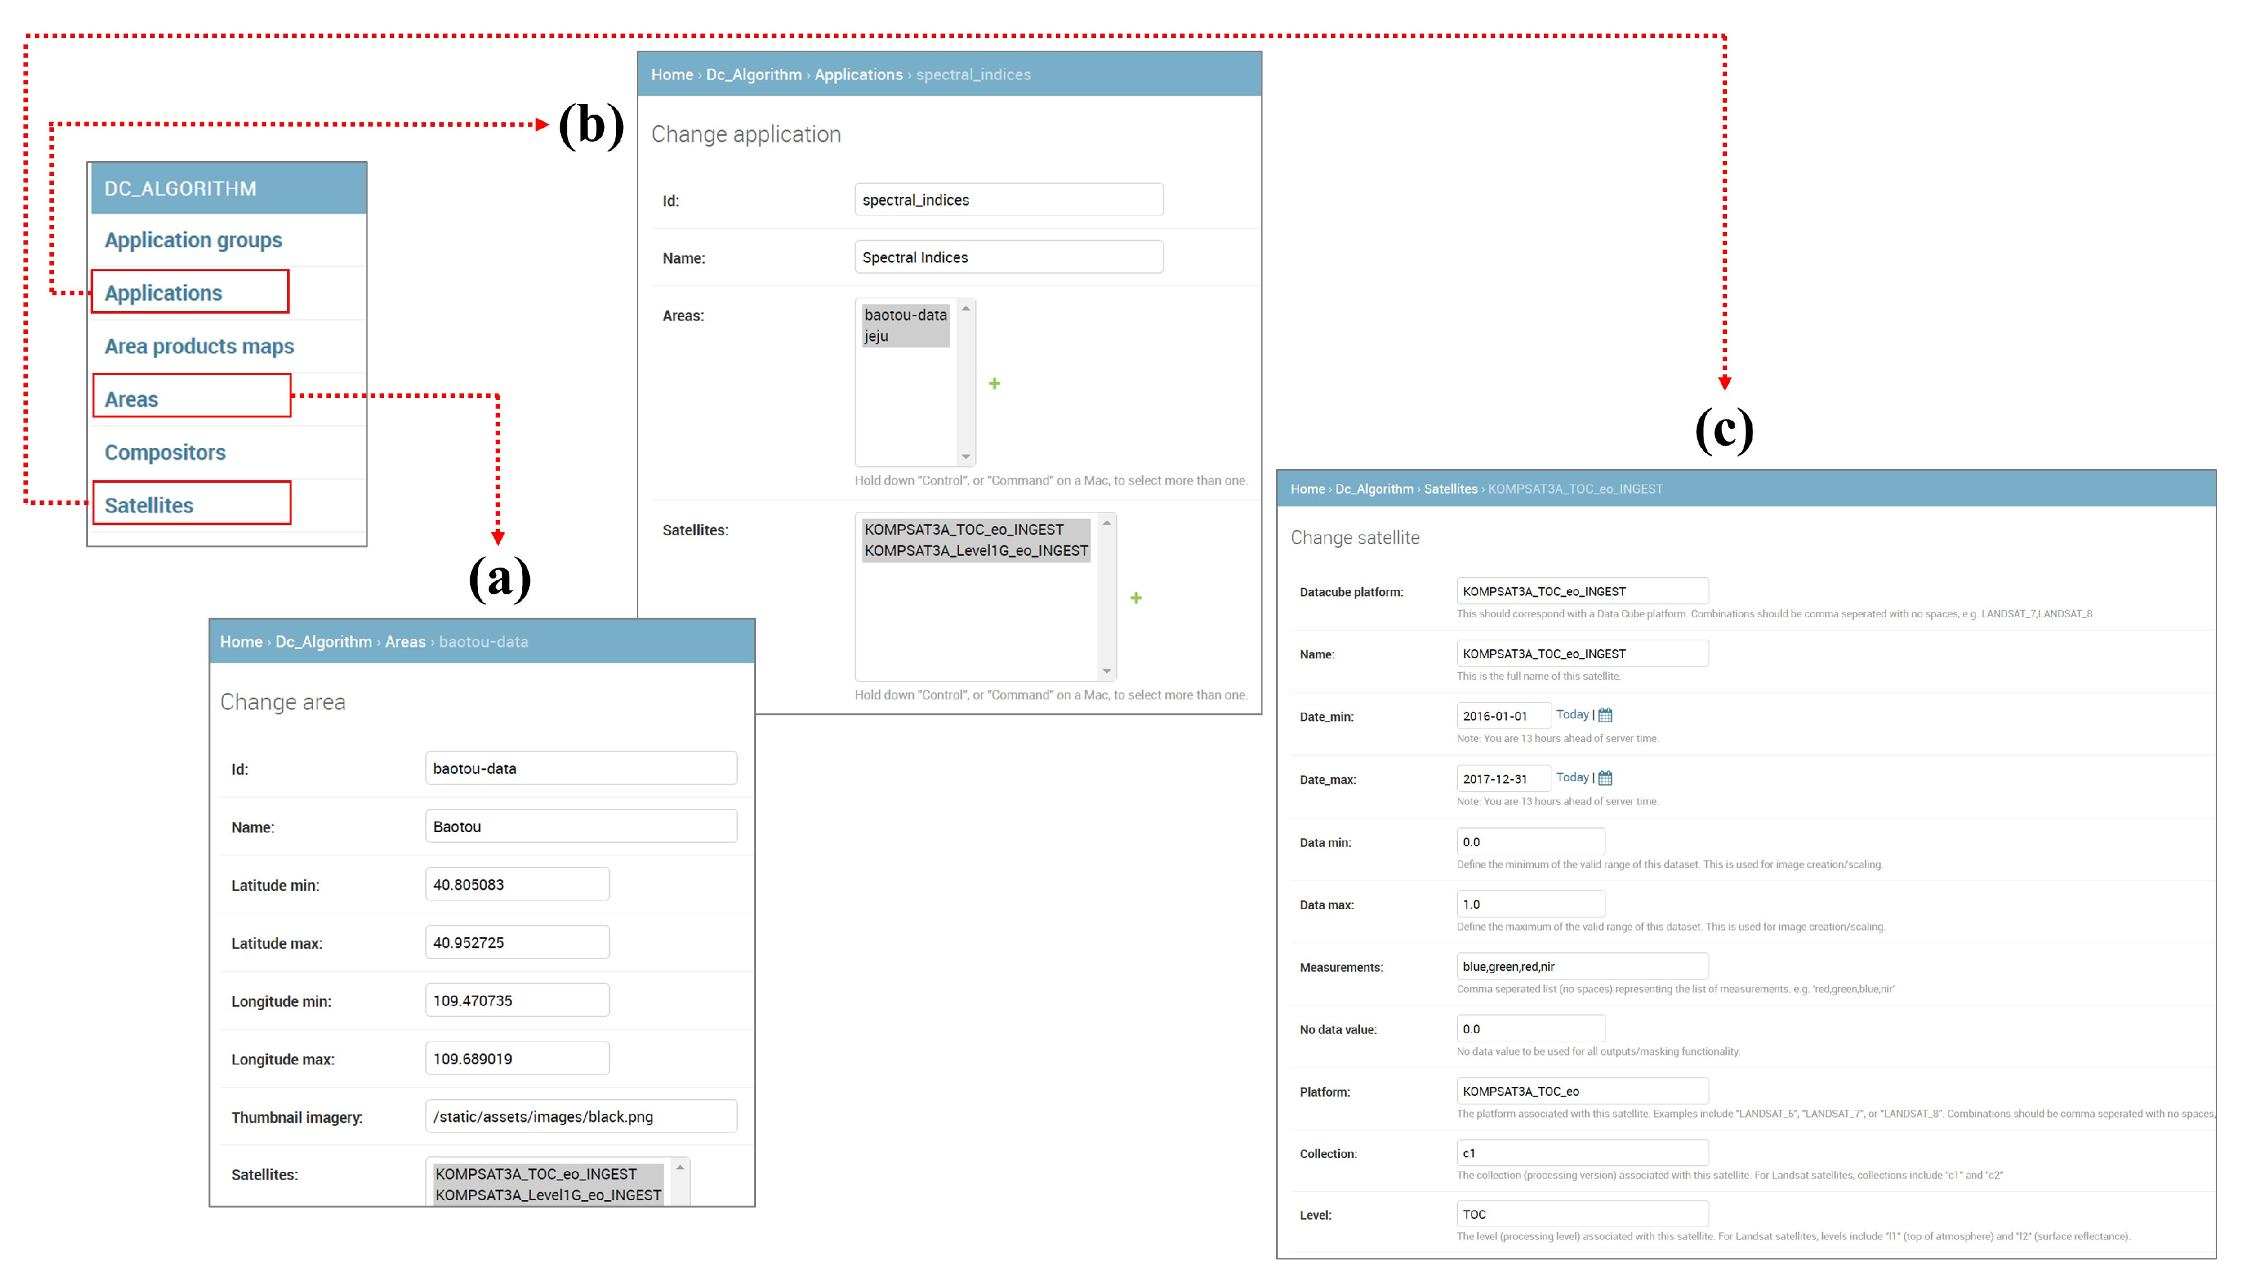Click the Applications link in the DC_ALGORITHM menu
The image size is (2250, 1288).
164,293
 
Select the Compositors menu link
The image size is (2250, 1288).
165,452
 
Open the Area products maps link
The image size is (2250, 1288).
199,346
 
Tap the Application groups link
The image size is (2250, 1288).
193,239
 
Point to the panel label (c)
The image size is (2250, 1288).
1723,430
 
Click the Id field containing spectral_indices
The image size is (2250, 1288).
1008,200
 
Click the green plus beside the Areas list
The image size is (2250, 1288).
994,383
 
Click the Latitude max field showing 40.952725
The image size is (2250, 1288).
517,942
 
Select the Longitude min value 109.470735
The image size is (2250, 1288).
517,1000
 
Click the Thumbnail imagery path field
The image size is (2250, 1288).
581,1116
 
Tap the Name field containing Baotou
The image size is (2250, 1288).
581,826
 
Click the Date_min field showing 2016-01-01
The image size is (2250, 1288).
1502,716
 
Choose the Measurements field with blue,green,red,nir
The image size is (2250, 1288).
1582,967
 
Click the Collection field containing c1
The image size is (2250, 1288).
1582,1152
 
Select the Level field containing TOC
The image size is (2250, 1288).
1582,1215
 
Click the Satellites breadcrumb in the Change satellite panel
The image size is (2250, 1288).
1450,489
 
